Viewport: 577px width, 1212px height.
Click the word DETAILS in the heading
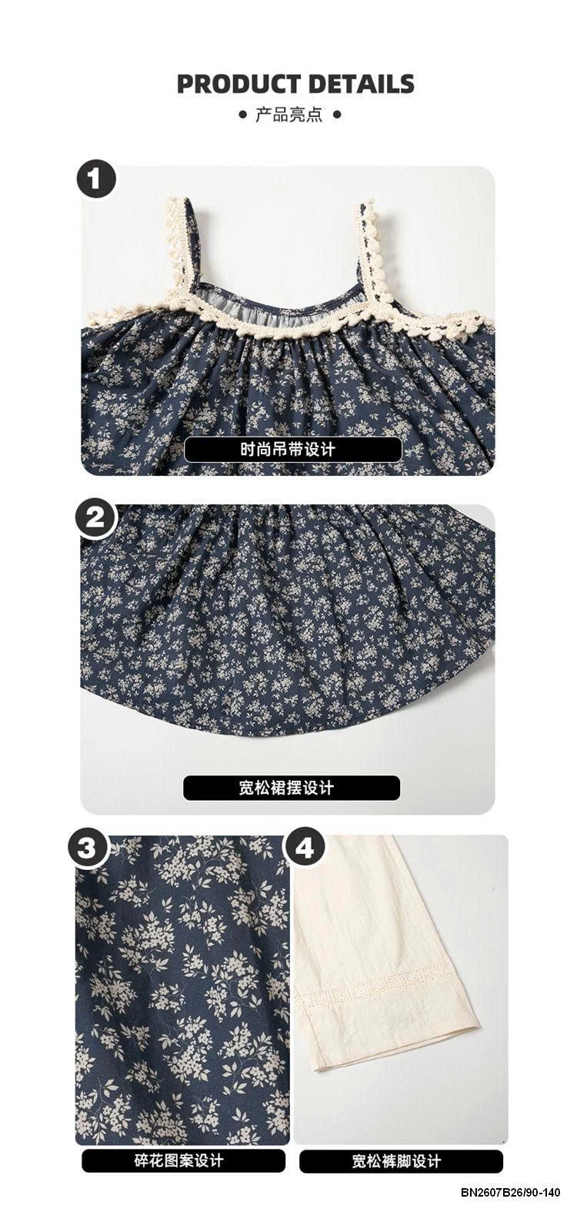(x=359, y=84)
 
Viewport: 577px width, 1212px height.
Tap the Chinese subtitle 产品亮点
(x=288, y=116)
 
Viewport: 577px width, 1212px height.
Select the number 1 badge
(x=96, y=181)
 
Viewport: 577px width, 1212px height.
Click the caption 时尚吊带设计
(x=292, y=450)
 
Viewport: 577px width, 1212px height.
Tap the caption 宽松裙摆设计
(x=292, y=788)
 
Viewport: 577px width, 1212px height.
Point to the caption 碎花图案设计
(x=184, y=1161)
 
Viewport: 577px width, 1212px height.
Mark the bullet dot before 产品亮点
(x=245, y=116)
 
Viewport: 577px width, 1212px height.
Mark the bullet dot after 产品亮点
(x=335, y=116)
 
